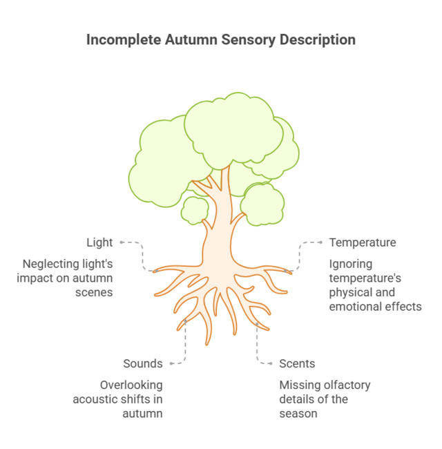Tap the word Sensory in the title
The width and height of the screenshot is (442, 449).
point(248,40)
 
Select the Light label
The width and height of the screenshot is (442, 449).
point(99,242)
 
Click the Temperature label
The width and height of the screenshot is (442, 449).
point(362,242)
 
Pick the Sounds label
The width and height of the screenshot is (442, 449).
point(143,363)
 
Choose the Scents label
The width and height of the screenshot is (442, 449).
point(297,363)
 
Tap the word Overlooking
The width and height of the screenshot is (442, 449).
point(131,385)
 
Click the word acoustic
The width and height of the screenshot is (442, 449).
point(97,399)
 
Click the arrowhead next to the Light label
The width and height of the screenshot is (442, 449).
point(122,242)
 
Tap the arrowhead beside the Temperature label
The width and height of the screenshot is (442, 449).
point(320,242)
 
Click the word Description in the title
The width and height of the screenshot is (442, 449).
point(318,40)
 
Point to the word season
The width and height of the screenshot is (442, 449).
point(298,414)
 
